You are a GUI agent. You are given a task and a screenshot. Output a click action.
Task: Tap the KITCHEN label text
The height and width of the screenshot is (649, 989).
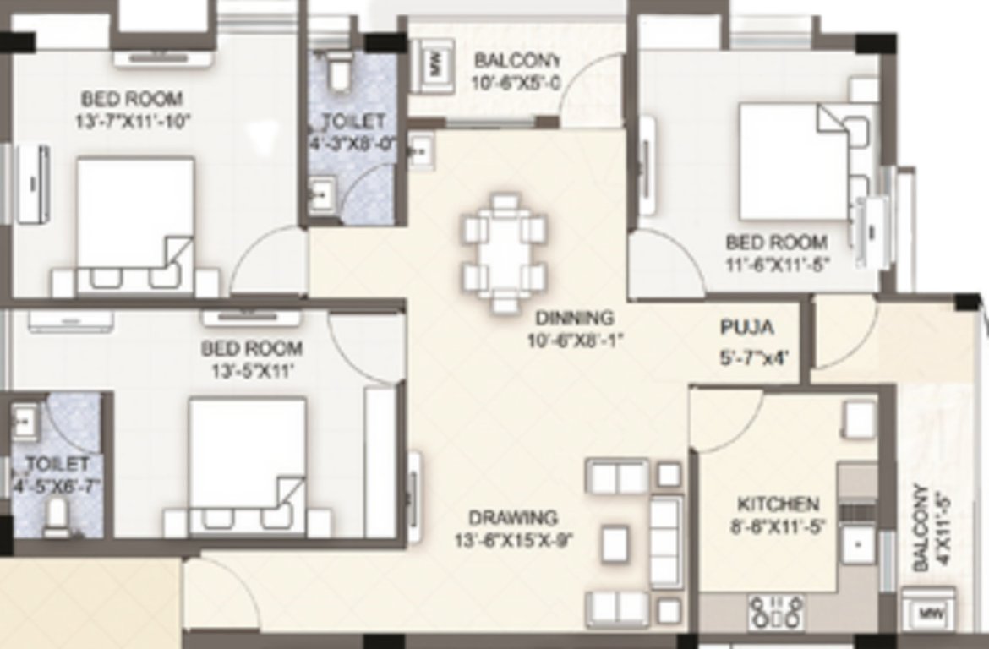[x=778, y=504]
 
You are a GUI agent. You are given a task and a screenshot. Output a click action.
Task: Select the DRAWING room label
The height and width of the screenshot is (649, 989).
[x=513, y=517]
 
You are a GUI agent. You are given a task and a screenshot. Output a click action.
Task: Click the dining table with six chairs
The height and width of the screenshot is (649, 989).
[x=503, y=253]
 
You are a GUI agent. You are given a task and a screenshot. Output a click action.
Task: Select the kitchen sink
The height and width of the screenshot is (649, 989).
[x=859, y=544]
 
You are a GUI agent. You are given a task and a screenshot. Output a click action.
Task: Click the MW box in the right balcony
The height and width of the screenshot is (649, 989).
[x=930, y=613]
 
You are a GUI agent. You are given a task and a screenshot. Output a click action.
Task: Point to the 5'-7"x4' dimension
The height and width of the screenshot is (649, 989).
[x=754, y=357]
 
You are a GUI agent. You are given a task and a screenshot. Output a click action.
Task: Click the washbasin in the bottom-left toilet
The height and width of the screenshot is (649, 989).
[x=25, y=417]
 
